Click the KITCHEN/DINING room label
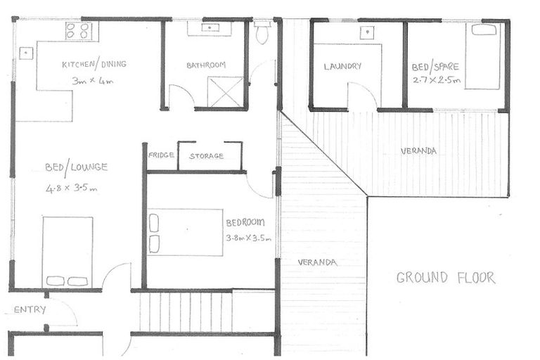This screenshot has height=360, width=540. click(x=94, y=65)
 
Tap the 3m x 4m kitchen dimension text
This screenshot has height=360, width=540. click(x=93, y=81)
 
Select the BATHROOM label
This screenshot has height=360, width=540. click(x=206, y=65)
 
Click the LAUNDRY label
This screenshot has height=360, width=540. click(x=342, y=67)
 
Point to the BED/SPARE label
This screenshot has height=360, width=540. click(x=435, y=67)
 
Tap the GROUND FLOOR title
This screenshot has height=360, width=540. click(x=445, y=278)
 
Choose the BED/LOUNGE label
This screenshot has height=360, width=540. click(x=75, y=167)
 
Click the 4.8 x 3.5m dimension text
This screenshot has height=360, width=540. click(x=71, y=188)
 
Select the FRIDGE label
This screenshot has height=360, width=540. click(x=161, y=155)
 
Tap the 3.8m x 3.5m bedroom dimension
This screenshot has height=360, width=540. click(x=248, y=238)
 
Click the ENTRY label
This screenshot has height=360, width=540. click(x=30, y=309)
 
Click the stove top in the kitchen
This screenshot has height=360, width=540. click(x=79, y=31)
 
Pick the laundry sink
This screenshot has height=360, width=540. click(x=366, y=32)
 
